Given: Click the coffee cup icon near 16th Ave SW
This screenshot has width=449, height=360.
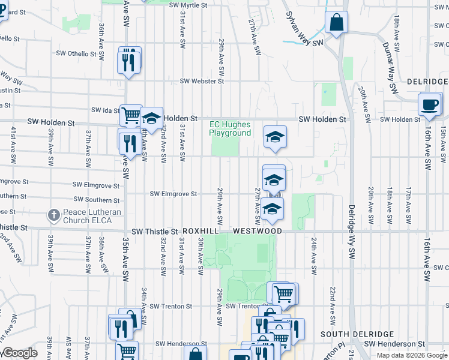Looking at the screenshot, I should tap(429, 104).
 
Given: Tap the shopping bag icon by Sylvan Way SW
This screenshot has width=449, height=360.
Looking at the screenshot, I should tap(337, 23).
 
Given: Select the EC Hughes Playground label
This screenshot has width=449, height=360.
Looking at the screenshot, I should tap(230, 129).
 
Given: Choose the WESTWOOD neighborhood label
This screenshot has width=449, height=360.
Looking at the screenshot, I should tap(258, 231).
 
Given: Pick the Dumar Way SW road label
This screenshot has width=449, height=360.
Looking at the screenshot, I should tap(390, 67).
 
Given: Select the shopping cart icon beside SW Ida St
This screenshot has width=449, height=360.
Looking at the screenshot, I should tap(130, 115).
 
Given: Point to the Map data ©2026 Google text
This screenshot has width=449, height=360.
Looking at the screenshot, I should tap(412, 355).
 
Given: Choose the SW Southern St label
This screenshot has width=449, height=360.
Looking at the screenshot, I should tap(97, 200).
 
